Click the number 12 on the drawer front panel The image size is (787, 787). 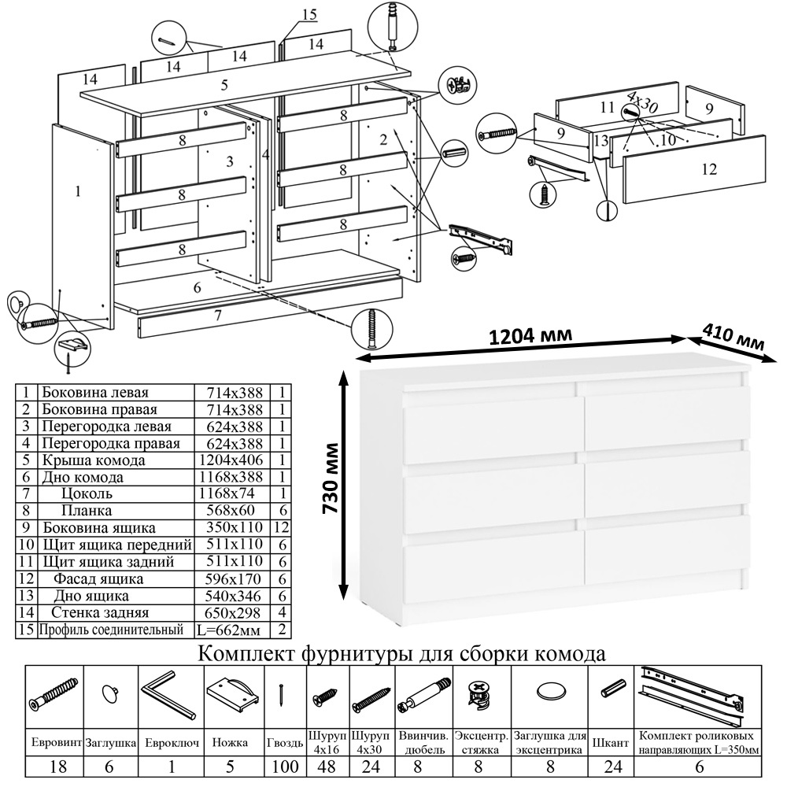click(x=708, y=168)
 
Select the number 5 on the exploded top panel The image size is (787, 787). click(x=224, y=84)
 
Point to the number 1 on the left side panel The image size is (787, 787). click(x=78, y=190)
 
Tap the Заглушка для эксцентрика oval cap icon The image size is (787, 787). click(x=550, y=692)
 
